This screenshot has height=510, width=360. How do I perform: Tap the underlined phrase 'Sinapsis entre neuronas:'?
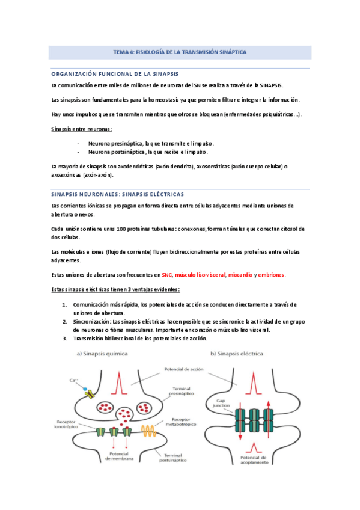82,129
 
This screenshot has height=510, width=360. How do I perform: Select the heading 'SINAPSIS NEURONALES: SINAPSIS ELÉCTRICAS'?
118,195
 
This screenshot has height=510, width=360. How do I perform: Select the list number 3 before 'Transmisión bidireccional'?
64,339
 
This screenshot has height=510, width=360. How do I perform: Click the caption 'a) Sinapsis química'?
103,354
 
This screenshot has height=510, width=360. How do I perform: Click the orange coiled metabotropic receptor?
149,429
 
